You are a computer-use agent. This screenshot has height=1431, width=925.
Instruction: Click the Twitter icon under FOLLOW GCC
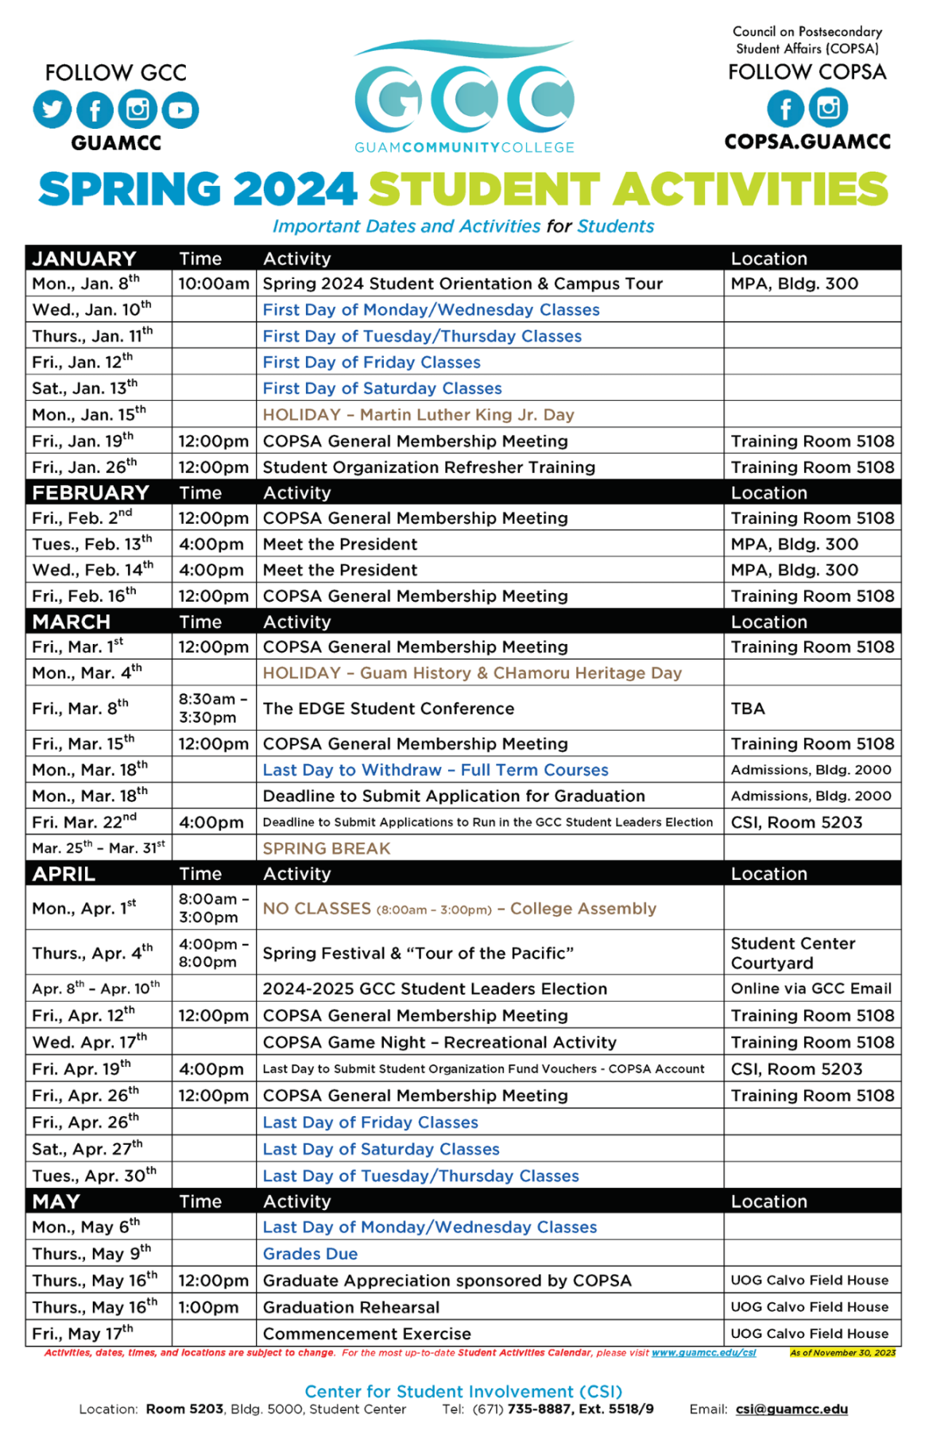(x=52, y=110)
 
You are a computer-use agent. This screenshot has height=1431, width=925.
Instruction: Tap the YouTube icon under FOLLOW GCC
(x=180, y=110)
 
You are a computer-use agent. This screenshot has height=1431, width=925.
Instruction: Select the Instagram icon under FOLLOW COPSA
(x=829, y=107)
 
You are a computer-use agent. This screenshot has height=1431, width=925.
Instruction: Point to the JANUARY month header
(x=84, y=258)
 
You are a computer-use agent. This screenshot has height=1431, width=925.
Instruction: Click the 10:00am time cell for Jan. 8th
(x=213, y=284)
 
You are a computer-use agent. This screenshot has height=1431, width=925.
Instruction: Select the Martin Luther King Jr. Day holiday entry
(x=418, y=415)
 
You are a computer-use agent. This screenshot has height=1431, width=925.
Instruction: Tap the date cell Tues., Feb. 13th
(x=92, y=544)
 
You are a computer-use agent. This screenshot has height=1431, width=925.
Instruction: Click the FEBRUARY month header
(x=91, y=493)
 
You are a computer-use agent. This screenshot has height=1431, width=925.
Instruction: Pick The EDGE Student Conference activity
(x=389, y=708)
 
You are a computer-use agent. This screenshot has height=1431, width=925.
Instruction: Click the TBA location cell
(x=748, y=708)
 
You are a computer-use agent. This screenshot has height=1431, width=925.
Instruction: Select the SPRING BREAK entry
(x=327, y=848)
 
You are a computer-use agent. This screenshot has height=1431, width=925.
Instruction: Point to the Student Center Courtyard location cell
(x=792, y=952)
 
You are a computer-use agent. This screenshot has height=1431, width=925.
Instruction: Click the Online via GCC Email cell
(x=811, y=988)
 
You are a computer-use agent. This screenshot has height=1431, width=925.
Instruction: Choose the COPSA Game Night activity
(x=439, y=1042)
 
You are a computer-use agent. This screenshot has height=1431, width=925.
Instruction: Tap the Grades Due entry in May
(x=310, y=1254)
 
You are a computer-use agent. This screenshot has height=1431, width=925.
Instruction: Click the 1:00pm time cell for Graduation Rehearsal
(x=208, y=1307)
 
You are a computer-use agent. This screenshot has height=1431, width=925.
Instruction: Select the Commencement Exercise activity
(x=366, y=1333)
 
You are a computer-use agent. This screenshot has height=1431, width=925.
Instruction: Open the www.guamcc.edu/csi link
(x=703, y=1352)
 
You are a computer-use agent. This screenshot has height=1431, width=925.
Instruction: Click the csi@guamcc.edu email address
(x=791, y=1409)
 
